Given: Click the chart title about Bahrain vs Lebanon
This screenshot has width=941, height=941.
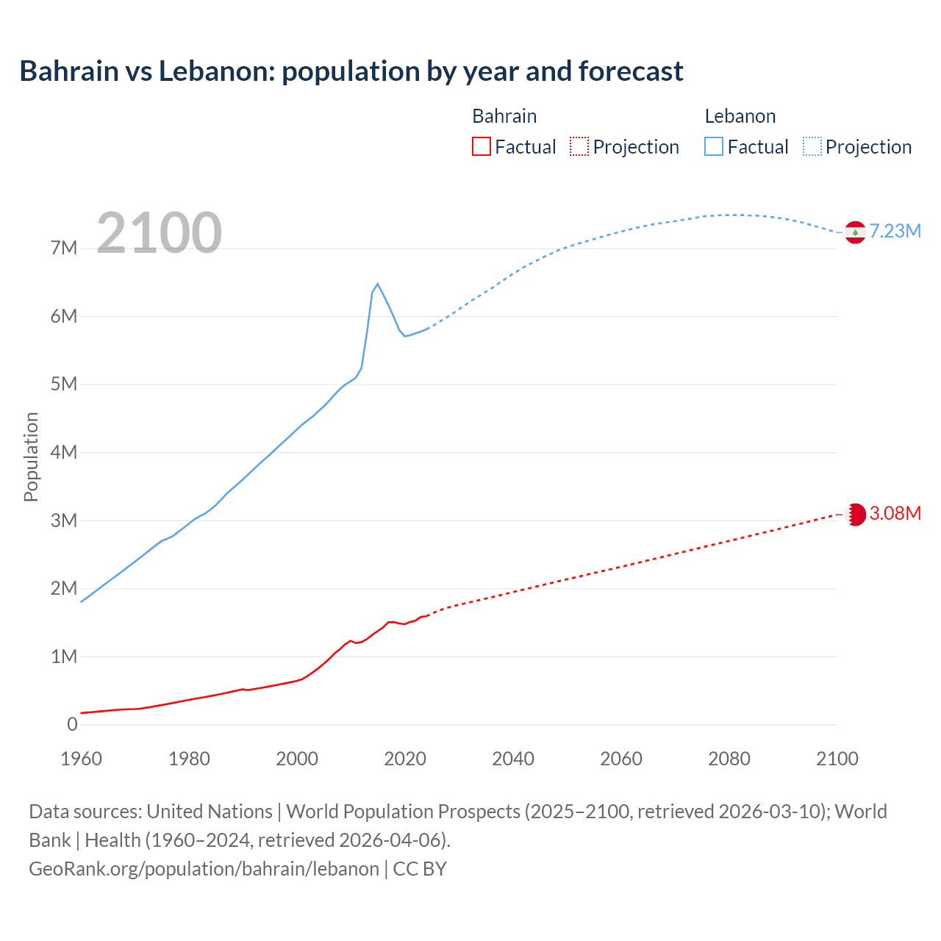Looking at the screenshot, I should point(351,71).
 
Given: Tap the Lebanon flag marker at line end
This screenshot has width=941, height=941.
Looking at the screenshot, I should point(855,232).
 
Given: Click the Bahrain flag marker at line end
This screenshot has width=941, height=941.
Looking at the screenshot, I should point(855,515).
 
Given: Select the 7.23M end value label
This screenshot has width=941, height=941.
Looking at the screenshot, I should point(895,231).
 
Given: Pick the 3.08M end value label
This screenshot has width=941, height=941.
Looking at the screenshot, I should point(895,513).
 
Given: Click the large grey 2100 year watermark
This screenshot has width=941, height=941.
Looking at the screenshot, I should point(159,233).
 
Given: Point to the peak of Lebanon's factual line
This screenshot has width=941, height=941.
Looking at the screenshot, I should point(377,284).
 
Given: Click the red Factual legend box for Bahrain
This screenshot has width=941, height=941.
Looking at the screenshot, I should point(482,147).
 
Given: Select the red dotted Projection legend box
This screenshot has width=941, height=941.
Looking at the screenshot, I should point(579,147).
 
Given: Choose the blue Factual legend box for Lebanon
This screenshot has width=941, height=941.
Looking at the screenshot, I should point(714,147).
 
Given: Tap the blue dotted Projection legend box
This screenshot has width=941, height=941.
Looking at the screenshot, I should point(812,147).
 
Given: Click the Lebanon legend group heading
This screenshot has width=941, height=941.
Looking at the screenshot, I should point(740,116).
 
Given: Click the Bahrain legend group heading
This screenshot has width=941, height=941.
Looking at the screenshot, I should point(504,116).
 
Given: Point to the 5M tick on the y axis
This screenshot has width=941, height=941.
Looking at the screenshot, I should point(64,384).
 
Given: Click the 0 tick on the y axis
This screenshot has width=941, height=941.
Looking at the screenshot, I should point(72,724).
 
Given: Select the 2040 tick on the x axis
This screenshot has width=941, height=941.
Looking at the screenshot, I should point(513,759).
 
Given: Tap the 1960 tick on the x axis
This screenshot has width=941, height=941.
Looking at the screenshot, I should point(81,759).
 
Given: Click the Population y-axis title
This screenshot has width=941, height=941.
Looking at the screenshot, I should point(31,457).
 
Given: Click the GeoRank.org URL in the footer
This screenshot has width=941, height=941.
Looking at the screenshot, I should point(204,868).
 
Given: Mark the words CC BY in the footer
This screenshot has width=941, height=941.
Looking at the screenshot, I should point(420,868).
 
